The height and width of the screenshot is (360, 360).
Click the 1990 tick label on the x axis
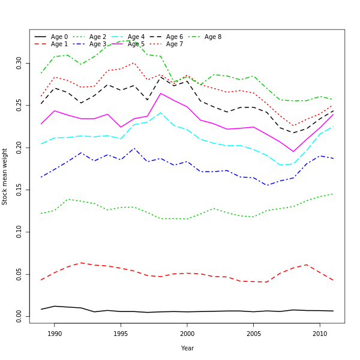55,334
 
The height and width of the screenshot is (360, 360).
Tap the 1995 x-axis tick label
121,334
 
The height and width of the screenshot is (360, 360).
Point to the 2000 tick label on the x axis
187,334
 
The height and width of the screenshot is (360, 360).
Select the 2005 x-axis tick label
253,334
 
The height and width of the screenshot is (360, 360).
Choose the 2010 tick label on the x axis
319,334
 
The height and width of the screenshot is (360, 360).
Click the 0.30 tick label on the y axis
19,63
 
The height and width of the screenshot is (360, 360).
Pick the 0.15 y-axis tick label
19,190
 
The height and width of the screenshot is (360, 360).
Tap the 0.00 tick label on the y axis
19,316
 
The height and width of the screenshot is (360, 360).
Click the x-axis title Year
187,348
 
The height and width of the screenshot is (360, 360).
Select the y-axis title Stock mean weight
5,176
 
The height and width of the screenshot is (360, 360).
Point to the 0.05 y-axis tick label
19,274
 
